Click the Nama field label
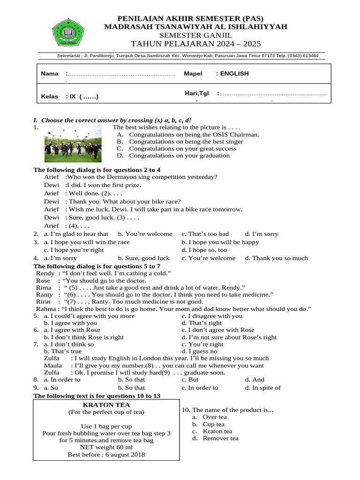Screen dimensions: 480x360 (x=50, y=74)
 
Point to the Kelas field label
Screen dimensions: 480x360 (x=49, y=97)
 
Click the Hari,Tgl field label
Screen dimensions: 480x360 (x=196, y=93)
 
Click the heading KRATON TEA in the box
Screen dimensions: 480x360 (x=106, y=404)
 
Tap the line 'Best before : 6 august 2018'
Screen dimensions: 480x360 (x=106, y=455)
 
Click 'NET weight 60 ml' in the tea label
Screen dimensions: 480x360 (x=106, y=448)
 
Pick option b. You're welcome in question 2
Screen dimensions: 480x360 (x=145, y=234)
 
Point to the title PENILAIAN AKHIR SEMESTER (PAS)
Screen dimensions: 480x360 (x=196, y=18)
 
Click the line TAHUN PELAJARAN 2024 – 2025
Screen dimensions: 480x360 (x=196, y=44)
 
